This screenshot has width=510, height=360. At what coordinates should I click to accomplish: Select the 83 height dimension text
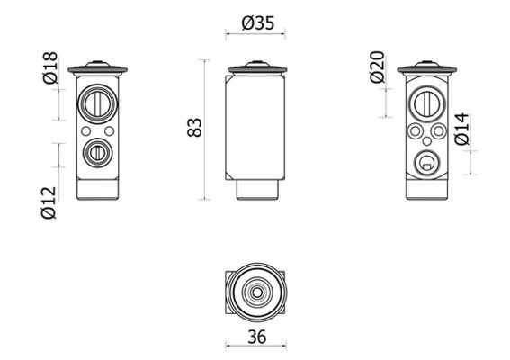pos(194,127)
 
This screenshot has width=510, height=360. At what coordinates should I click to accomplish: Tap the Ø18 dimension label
pos(50,68)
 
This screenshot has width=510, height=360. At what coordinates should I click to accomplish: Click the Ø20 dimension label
pos(378,67)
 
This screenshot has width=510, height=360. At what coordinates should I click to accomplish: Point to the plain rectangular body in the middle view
pos(256,126)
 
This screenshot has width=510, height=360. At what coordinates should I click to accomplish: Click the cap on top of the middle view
pos(256,67)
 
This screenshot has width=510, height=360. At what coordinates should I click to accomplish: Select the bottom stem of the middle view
pos(256,189)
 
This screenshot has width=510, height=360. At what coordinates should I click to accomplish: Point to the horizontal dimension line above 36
pos(256,347)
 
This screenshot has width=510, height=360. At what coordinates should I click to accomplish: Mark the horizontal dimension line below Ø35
pos(256,36)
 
